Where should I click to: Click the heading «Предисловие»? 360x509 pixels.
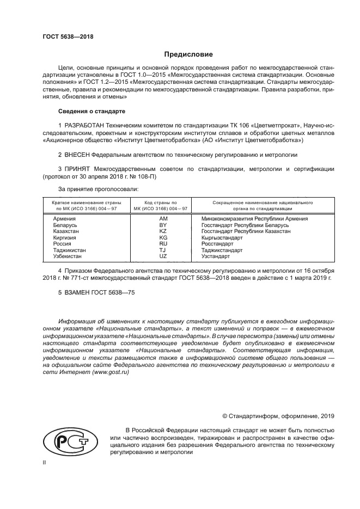[x=188, y=54]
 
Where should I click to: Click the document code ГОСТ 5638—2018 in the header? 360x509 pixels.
[x=68, y=37]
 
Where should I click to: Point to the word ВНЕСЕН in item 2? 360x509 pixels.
[x=77, y=155]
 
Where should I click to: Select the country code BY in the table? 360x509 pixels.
[x=162, y=225]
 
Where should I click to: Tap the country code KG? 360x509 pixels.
[x=162, y=237]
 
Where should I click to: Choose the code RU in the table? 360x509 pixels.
[x=162, y=243]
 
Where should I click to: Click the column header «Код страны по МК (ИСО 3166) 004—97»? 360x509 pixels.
[x=162, y=205]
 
